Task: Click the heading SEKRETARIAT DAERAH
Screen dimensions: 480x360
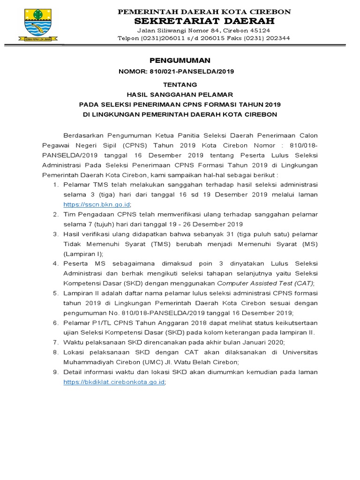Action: pyautogui.click(x=204, y=21)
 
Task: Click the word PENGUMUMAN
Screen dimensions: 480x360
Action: pyautogui.click(x=180, y=60)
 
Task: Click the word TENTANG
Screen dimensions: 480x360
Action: pyautogui.click(x=180, y=85)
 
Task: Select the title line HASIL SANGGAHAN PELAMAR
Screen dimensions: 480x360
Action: pyautogui.click(x=180, y=94)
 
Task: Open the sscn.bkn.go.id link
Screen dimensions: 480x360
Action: pyautogui.click(x=97, y=204)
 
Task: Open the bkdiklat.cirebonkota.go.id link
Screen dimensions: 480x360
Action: pyautogui.click(x=114, y=382)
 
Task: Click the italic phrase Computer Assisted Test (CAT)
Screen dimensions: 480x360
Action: pyautogui.click(x=265, y=283)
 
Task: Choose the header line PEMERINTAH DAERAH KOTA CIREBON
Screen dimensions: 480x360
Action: pyautogui.click(x=204, y=11)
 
